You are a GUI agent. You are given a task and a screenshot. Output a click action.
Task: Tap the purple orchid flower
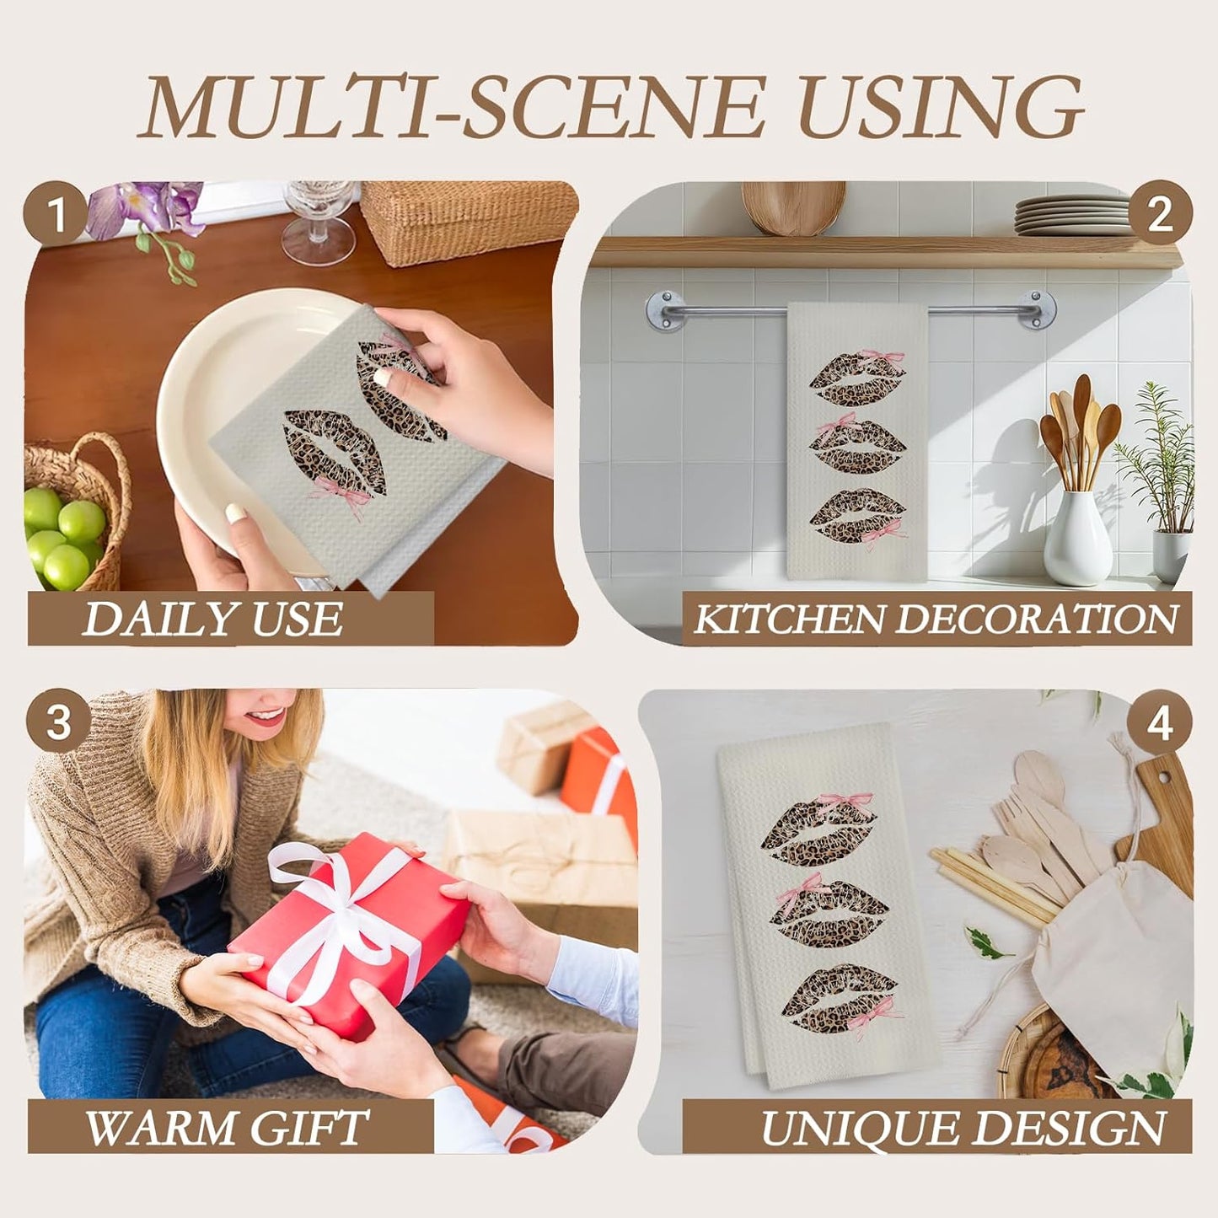coord(145,207)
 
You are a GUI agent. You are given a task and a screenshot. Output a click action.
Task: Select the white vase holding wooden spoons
coord(1076,537)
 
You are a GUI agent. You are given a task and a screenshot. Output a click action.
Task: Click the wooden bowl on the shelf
coord(793,207)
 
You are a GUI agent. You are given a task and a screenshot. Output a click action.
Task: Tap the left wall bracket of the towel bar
coord(665,309)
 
